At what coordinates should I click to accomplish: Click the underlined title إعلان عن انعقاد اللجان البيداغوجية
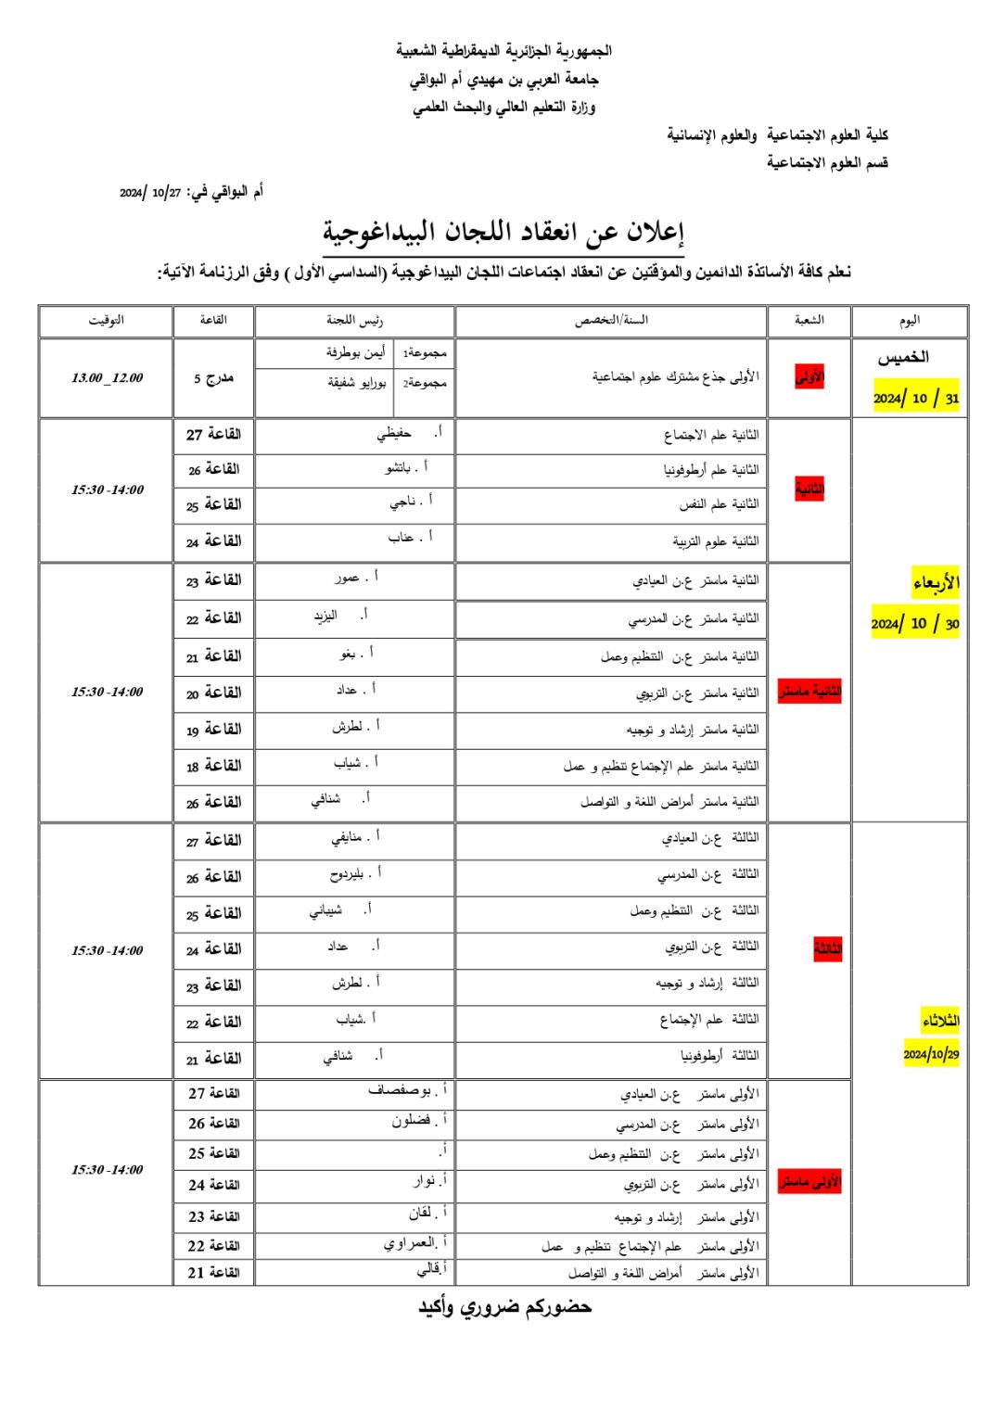click(503, 233)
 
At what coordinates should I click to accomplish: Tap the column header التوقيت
click(106, 321)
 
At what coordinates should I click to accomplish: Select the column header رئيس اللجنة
click(354, 321)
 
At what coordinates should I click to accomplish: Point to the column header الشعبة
click(809, 321)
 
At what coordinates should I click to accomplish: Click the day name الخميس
click(903, 357)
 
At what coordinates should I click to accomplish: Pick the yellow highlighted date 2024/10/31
click(916, 398)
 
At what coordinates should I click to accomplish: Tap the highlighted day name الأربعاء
click(935, 583)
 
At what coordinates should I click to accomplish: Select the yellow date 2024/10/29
click(931, 1054)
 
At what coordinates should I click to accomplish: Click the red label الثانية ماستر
click(809, 692)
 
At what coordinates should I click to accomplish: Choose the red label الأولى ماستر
click(809, 1182)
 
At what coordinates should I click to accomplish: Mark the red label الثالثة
click(827, 948)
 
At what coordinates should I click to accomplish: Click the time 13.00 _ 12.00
click(107, 378)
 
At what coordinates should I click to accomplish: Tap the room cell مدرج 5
click(213, 378)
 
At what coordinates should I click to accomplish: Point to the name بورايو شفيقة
click(357, 383)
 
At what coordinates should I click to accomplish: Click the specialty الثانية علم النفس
click(718, 504)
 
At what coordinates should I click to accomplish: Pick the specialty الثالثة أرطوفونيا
click(719, 1056)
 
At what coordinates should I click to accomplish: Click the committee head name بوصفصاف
click(400, 1091)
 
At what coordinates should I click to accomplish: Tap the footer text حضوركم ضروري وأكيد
click(504, 1307)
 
